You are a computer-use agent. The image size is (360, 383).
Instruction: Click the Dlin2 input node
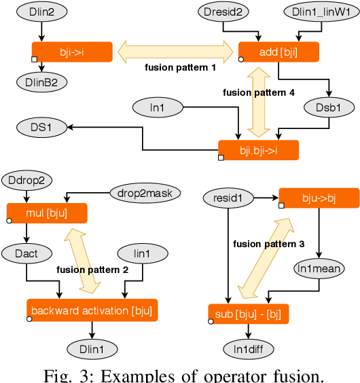click(x=41, y=12)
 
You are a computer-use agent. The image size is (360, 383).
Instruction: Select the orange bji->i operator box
click(x=72, y=51)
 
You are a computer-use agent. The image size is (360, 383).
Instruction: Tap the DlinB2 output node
click(x=41, y=81)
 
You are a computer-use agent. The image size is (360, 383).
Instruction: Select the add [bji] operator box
click(x=278, y=52)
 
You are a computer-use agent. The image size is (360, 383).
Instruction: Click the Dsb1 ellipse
click(x=329, y=107)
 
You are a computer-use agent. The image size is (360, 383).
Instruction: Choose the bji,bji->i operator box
click(x=258, y=149)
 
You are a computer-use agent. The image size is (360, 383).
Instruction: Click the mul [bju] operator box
click(x=47, y=213)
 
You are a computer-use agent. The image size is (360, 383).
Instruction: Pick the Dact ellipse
click(x=26, y=253)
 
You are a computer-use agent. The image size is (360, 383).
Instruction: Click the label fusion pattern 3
click(x=268, y=243)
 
